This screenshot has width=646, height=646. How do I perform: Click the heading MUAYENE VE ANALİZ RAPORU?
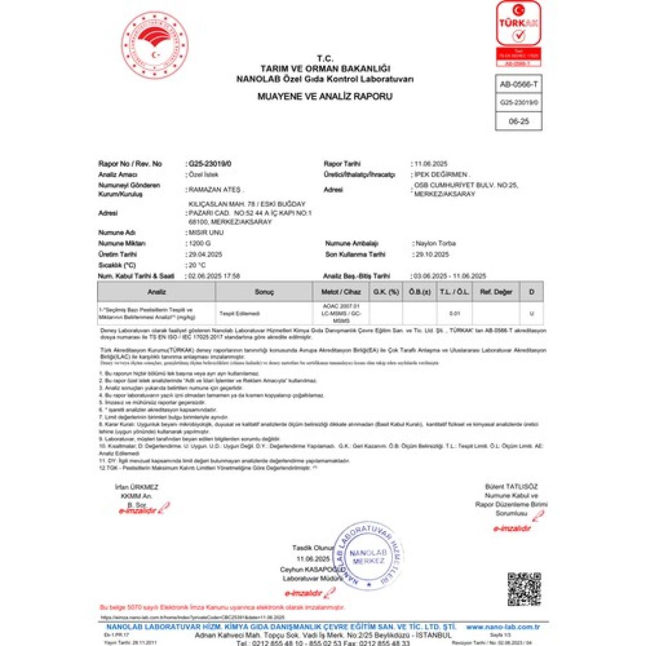[325, 96]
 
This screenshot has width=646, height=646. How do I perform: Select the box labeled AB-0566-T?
[518, 84]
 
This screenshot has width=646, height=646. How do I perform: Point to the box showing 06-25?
[518, 121]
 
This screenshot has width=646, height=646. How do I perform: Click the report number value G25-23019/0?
[210, 164]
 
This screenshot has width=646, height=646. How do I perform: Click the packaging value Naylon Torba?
[435, 243]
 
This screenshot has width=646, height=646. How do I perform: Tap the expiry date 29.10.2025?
[432, 254]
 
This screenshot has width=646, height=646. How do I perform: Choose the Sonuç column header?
[264, 292]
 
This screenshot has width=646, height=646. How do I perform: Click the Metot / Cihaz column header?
[341, 292]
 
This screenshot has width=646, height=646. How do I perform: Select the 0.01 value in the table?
[454, 313]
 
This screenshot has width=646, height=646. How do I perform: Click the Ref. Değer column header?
[496, 292]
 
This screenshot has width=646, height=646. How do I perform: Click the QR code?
[524, 589]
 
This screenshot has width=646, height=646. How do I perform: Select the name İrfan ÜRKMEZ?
[137, 487]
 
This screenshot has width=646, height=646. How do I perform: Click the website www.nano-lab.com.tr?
[502, 627]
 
